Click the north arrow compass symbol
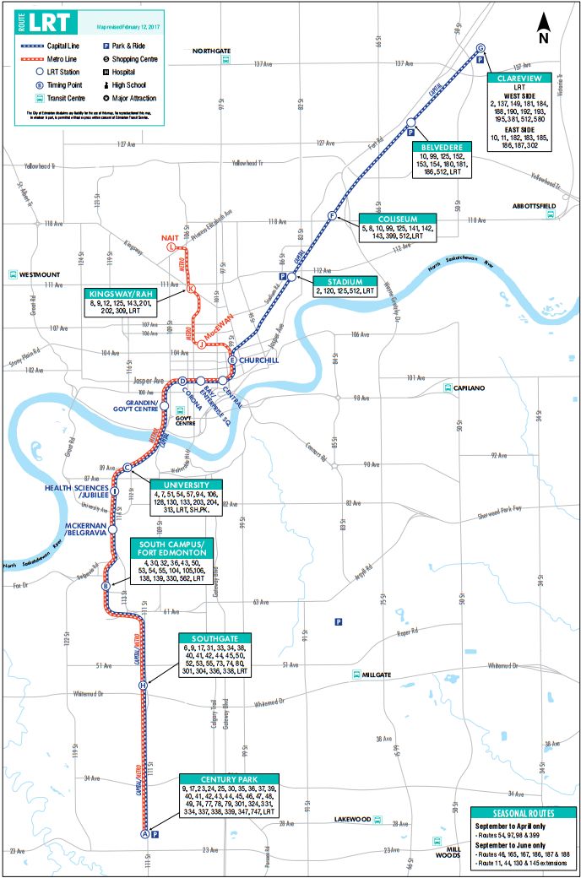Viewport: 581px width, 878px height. tap(545, 30)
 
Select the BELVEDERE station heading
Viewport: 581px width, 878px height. tap(443, 146)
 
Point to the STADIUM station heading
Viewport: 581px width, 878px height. tap(346, 281)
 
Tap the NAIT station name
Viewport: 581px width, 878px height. tap(170, 238)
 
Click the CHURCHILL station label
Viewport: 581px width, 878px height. tap(258, 360)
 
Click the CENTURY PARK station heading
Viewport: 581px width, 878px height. tap(229, 778)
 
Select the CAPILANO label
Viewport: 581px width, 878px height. tap(464, 388)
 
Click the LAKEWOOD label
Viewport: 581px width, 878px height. tap(354, 819)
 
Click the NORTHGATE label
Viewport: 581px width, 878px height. tap(211, 51)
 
